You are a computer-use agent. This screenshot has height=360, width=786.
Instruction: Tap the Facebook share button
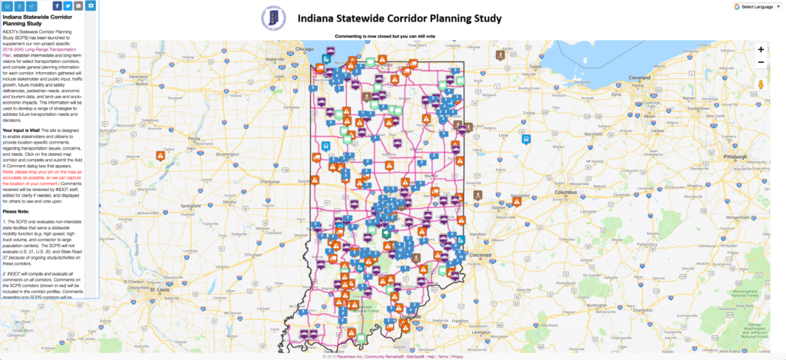(57, 6)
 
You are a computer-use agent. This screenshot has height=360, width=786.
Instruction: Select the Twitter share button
(68, 6)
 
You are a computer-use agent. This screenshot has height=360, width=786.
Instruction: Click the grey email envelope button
(79, 6)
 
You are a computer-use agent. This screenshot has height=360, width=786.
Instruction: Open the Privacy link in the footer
(457, 357)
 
